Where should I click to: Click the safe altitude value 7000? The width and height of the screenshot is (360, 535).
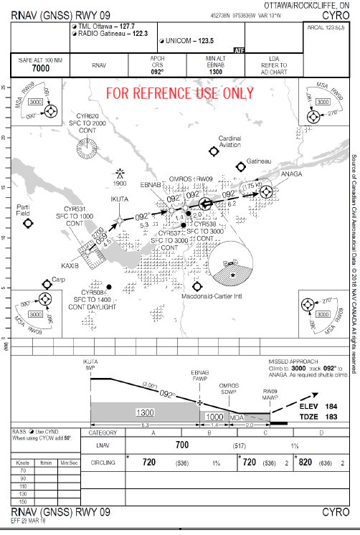pos(41,68)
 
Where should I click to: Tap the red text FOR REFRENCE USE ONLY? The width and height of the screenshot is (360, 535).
pos(180,93)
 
